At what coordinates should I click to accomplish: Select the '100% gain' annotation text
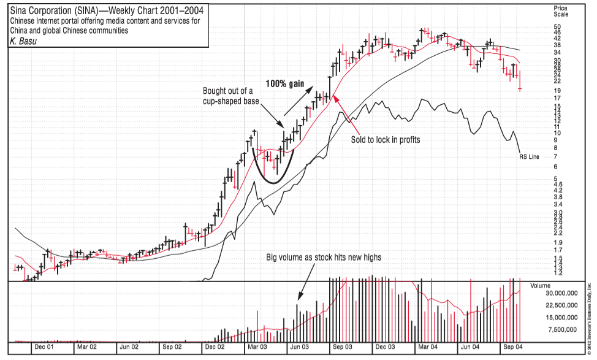point(285,83)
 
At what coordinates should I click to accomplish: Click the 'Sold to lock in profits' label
point(385,139)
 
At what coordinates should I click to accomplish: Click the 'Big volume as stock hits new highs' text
point(324,258)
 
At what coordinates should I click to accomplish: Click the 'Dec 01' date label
point(43,347)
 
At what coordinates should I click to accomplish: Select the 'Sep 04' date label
point(512,347)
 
